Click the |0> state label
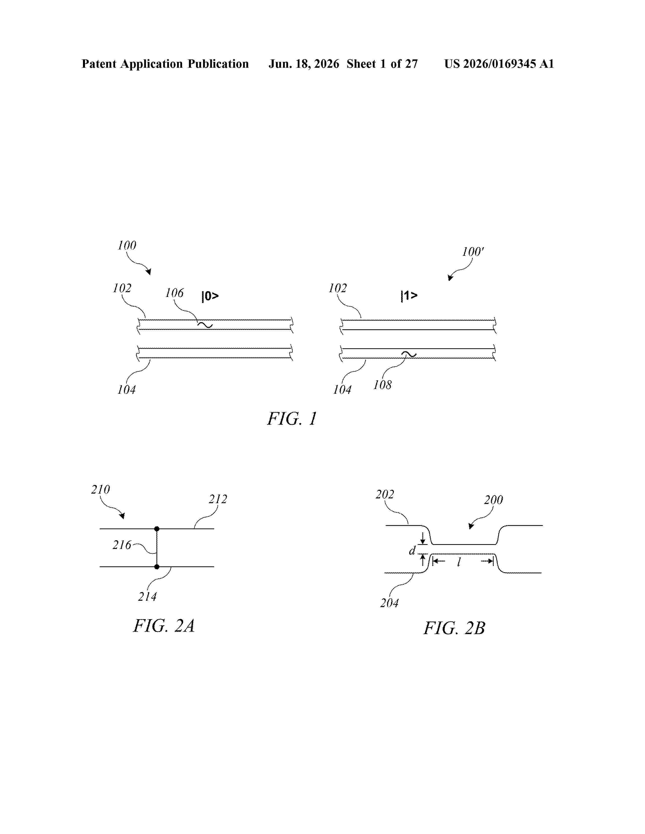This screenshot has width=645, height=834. pos(210,296)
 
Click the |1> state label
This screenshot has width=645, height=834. pos(409,296)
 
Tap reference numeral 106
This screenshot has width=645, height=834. pos(174,293)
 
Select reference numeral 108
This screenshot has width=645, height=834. pos(382,385)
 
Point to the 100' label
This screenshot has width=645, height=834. pos(473,252)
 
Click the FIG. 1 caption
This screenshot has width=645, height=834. pos(292,419)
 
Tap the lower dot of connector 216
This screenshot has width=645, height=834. pos(157,567)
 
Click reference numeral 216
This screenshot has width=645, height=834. pos(122,545)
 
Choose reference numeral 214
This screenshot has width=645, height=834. pos(147,596)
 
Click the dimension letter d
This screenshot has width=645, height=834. pos(412,550)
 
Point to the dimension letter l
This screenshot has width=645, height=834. pos(459,561)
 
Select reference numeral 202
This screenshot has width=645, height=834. pos(385,495)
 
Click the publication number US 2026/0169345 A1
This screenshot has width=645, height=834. pos(499,64)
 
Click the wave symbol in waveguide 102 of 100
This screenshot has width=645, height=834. pos(205,325)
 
